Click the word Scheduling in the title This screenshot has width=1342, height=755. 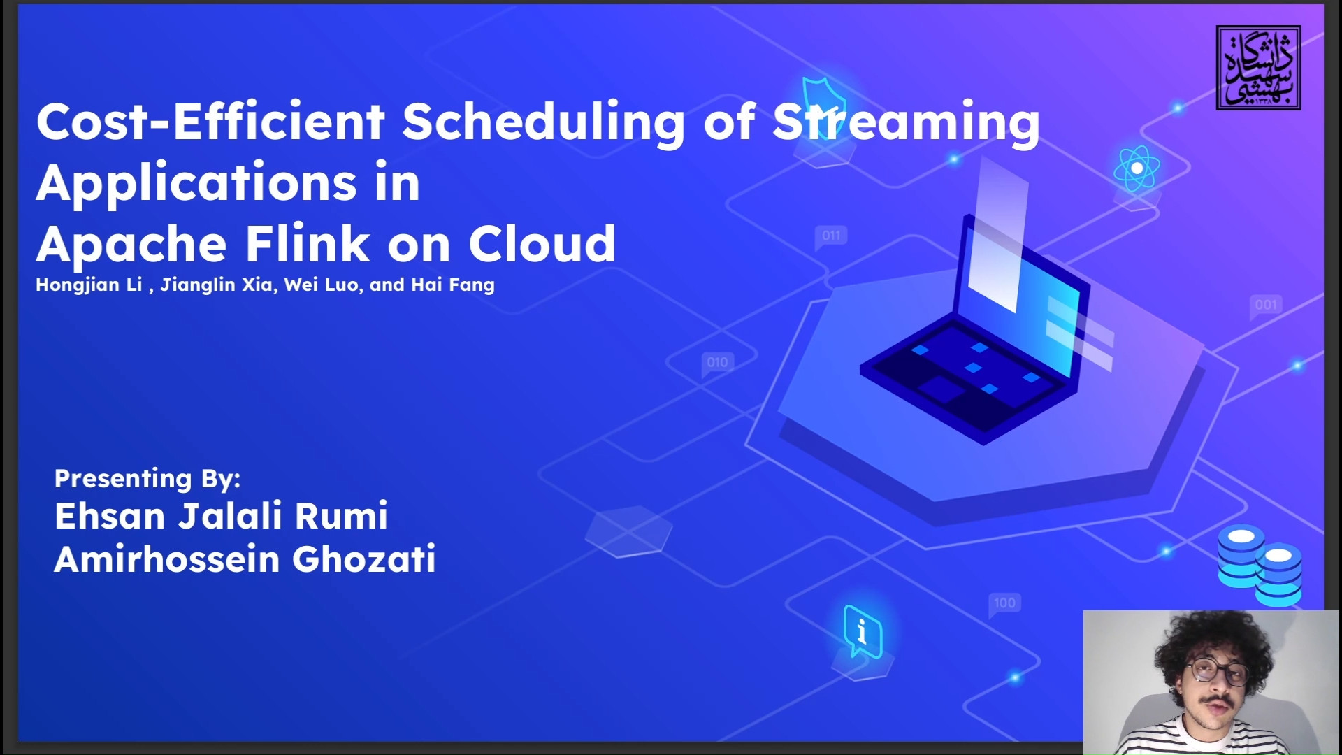pyautogui.click(x=543, y=122)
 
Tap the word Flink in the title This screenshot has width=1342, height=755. pyautogui.click(x=307, y=244)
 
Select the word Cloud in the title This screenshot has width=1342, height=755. pyautogui.click(x=542, y=244)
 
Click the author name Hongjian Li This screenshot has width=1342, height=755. pyautogui.click(x=89, y=285)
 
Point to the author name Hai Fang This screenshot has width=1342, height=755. pyautogui.click(x=453, y=285)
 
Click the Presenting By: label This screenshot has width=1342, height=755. pyautogui.click(x=147, y=479)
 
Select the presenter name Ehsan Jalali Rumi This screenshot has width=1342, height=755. pyautogui.click(x=221, y=516)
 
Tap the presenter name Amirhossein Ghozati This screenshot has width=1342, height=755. pyautogui.click(x=245, y=559)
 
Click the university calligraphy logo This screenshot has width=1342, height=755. pyautogui.click(x=1258, y=68)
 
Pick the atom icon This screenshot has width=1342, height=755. pyautogui.click(x=1137, y=168)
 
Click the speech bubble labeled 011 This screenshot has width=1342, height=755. pyautogui.click(x=831, y=236)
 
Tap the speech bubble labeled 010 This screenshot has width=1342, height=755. pyautogui.click(x=717, y=363)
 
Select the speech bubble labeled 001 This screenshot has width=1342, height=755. pyautogui.click(x=1266, y=305)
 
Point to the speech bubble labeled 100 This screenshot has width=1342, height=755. pyautogui.click(x=1004, y=603)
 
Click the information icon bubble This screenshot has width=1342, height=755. pyautogui.click(x=863, y=631)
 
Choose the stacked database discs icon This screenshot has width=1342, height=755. pyautogui.click(x=1260, y=565)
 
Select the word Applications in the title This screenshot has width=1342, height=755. pyautogui.click(x=196, y=184)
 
